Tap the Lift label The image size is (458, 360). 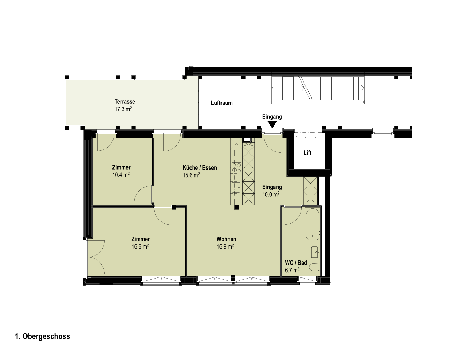point(307,153)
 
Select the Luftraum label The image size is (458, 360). point(222,103)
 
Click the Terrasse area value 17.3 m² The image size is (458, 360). point(123,109)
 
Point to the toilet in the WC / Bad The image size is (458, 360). point(315,267)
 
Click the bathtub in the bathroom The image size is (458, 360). point(312,224)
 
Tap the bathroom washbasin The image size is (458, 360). point(316,252)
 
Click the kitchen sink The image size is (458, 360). point(236,187)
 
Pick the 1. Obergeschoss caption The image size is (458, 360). point(42,336)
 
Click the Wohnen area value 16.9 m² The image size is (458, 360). point(225,246)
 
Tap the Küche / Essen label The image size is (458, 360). point(200,168)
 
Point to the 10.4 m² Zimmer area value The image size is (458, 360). point(121,175)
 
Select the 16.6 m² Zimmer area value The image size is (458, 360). point(140,246)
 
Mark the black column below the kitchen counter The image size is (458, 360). point(236,207)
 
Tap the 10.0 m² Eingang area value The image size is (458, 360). point(271,195)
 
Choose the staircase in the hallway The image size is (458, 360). point(318,90)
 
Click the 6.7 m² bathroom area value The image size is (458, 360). point(292,270)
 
